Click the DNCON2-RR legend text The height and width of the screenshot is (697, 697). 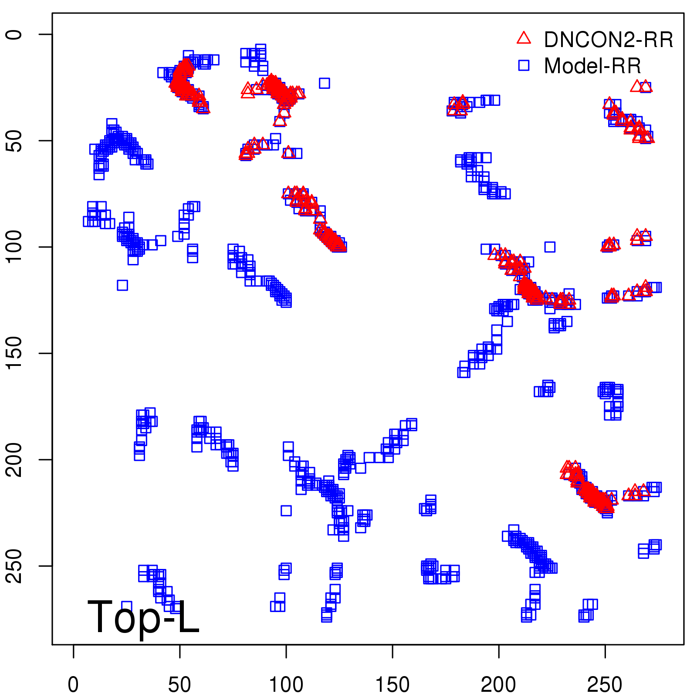[x=608, y=40]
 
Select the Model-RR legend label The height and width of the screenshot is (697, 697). [x=592, y=66]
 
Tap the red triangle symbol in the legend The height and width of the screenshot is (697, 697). [x=524, y=38]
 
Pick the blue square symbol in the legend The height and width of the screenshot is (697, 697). [x=524, y=65]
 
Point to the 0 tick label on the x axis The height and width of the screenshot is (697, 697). [x=73, y=685]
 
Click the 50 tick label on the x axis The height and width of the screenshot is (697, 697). [x=179, y=685]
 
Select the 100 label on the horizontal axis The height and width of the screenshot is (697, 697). [x=286, y=685]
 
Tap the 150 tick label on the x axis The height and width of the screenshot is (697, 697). [x=392, y=685]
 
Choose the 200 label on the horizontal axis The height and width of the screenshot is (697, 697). [x=498, y=685]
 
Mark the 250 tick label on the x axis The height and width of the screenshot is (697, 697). [x=605, y=685]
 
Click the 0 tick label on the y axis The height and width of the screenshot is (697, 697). [x=14, y=34]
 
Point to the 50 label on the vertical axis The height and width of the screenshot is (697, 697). [x=14, y=141]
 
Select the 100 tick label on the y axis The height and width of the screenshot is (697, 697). [x=14, y=247]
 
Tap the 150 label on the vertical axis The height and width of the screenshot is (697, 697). [x=14, y=353]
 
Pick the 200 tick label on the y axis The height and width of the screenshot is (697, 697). [x=14, y=460]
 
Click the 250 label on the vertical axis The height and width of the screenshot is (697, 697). [x=14, y=566]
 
